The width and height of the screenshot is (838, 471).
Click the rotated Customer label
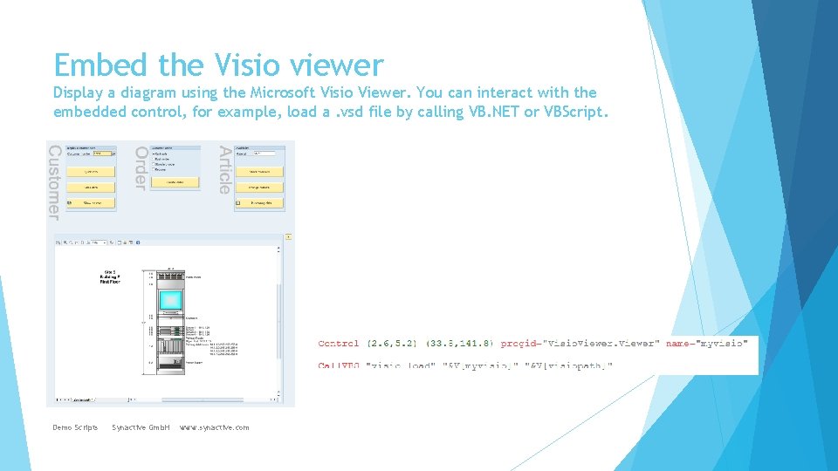pos(53,183)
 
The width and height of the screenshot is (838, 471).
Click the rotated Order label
pos(140,167)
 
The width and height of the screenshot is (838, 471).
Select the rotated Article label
pos(224,169)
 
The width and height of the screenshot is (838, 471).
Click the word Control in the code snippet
pos(339,344)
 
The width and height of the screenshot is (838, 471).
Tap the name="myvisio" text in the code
pos(707,344)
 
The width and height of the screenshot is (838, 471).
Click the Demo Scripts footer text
pos(75,427)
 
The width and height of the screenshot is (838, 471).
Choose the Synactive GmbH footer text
pos(141,427)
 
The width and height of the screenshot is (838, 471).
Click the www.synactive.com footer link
pos(214,427)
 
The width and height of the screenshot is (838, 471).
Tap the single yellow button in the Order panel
pos(175,182)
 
